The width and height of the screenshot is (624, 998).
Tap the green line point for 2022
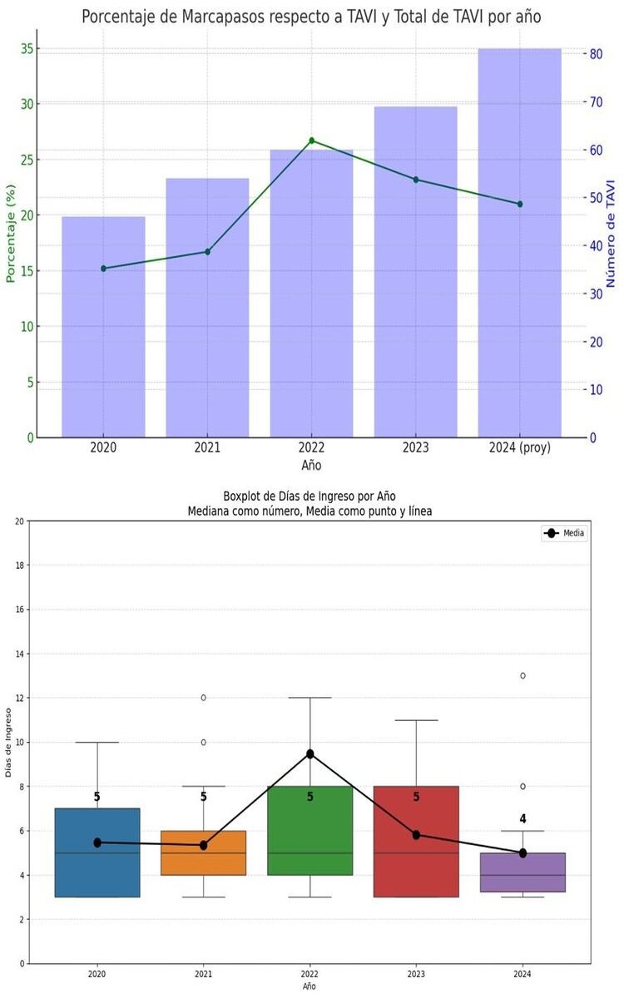pos(311,141)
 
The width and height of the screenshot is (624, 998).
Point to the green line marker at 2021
pos(207,251)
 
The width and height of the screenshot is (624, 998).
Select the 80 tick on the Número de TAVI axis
pos(596,54)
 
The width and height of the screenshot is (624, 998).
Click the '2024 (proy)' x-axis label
pos(519,448)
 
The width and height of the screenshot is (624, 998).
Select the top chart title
pos(311,17)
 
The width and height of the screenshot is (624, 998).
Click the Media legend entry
pos(565,533)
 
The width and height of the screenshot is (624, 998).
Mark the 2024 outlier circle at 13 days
pos(522,675)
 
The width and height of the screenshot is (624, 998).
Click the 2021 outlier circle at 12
pos(203,698)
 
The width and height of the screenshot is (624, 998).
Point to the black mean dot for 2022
pos(310,753)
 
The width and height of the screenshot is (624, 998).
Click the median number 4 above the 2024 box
pos(522,819)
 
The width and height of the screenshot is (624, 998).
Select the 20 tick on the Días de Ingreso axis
pos(20,521)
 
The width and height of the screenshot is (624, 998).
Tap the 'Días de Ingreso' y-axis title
pos(8,742)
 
